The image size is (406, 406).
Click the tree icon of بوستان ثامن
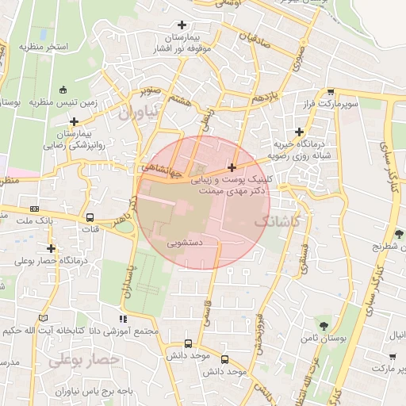(322, 325)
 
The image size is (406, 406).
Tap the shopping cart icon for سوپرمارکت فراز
(330, 92)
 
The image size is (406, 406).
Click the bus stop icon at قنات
(90, 216)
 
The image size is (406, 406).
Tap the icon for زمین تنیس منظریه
(62, 90)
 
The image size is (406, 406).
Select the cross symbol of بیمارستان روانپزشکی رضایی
(74, 122)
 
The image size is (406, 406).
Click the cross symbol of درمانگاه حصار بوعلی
(51, 248)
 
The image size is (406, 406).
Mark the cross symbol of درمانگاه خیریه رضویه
(299, 132)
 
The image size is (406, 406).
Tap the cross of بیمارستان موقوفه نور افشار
(184, 25)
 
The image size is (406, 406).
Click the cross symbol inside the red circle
(231, 167)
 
